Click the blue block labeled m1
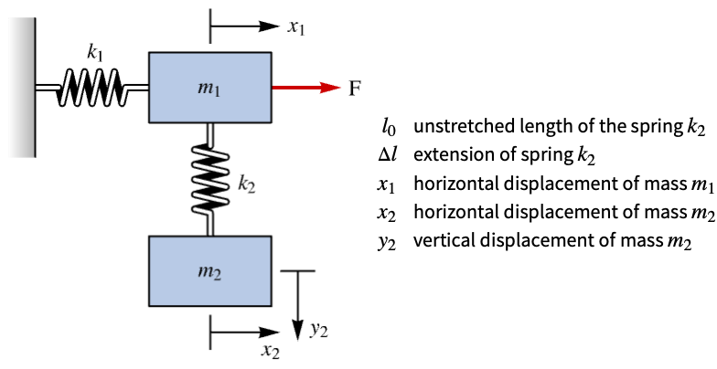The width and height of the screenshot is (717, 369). tap(210, 88)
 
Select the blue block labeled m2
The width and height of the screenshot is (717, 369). tap(210, 270)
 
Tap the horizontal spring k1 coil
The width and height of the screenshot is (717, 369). tap(91, 88)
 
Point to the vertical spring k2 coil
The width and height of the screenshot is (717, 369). tap(210, 179)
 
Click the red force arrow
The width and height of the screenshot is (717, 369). tap(306, 88)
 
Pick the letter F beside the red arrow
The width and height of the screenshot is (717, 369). tap(355, 88)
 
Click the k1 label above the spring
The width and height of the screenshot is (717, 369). tap(95, 54)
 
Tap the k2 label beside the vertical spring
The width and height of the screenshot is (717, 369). tap(246, 184)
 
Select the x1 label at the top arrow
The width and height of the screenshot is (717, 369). tap(296, 27)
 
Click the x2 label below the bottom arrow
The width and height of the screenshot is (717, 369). tap(271, 351)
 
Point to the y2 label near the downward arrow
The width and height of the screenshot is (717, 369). tap(318, 331)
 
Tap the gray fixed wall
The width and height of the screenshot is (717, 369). tap(22, 88)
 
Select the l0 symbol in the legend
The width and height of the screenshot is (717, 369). tap(389, 126)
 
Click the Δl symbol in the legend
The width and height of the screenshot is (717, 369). tap(386, 154)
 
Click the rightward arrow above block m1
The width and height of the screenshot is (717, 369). tap(244, 26)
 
